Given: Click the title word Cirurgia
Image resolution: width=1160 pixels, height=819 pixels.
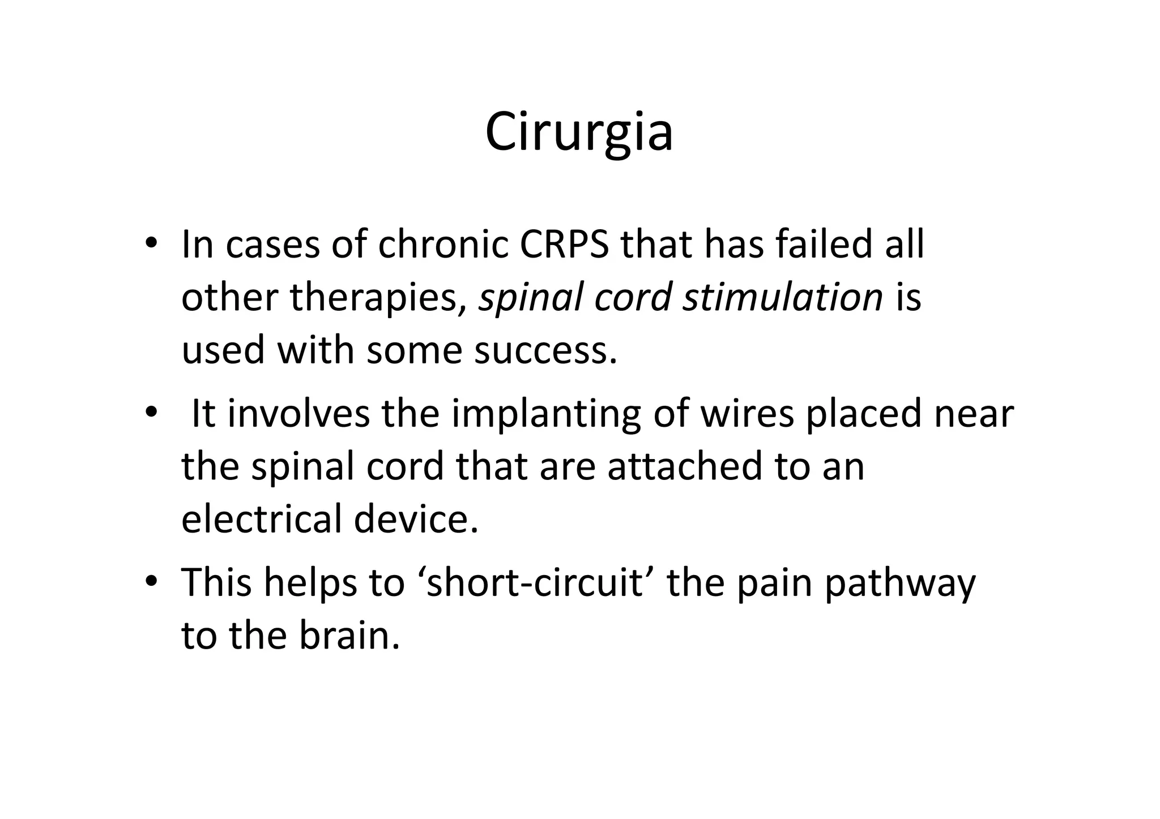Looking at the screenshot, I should click(x=579, y=132).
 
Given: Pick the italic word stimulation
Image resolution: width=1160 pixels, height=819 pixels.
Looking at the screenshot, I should click(x=782, y=297).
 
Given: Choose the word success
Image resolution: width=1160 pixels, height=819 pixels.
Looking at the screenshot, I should click(x=545, y=350).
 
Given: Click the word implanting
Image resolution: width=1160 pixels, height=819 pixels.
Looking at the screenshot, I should click(x=546, y=414).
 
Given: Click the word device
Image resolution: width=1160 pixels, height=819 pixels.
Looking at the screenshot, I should click(x=416, y=519).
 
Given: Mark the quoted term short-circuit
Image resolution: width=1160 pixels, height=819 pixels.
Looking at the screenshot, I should click(x=535, y=583).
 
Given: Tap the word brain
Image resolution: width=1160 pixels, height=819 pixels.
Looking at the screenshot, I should click(x=349, y=636).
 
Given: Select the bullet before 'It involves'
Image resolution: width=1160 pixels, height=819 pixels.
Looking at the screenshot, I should click(x=150, y=413).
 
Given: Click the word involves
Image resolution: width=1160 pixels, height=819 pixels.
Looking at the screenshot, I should click(x=298, y=413).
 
